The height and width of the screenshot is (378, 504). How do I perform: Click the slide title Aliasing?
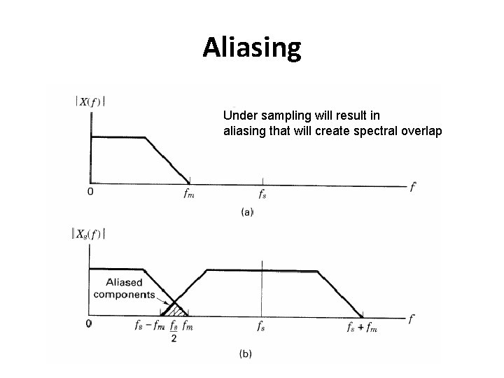[252, 47]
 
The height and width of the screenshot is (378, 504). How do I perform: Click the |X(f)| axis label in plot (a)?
[90, 101]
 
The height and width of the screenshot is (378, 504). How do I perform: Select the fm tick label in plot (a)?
[189, 195]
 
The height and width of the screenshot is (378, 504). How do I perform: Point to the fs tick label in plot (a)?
[262, 195]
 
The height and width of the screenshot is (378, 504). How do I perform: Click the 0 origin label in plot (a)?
[90, 191]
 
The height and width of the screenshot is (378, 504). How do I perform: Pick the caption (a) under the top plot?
[246, 211]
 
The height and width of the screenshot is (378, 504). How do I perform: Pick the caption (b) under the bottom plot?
[246, 354]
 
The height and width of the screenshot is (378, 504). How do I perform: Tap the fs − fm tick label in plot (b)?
[150, 325]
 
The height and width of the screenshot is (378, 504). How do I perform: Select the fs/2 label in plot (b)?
[173, 330]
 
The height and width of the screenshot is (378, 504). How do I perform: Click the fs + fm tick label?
[362, 326]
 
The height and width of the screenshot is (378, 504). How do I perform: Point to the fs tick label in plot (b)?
[261, 325]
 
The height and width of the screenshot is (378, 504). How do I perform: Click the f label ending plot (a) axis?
[413, 187]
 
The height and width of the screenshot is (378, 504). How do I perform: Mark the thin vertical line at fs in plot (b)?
[262, 294]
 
